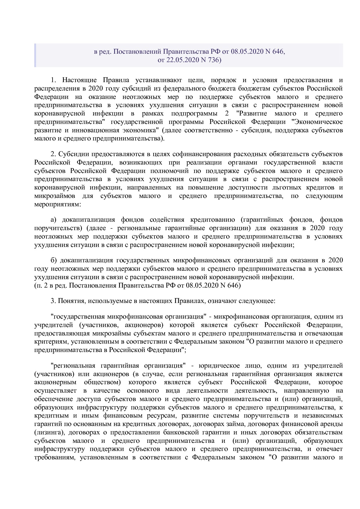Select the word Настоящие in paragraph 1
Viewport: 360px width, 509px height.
(x=77, y=80)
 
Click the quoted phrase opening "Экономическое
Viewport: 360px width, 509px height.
(x=317, y=122)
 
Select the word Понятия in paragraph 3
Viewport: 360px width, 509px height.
(x=71, y=301)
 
